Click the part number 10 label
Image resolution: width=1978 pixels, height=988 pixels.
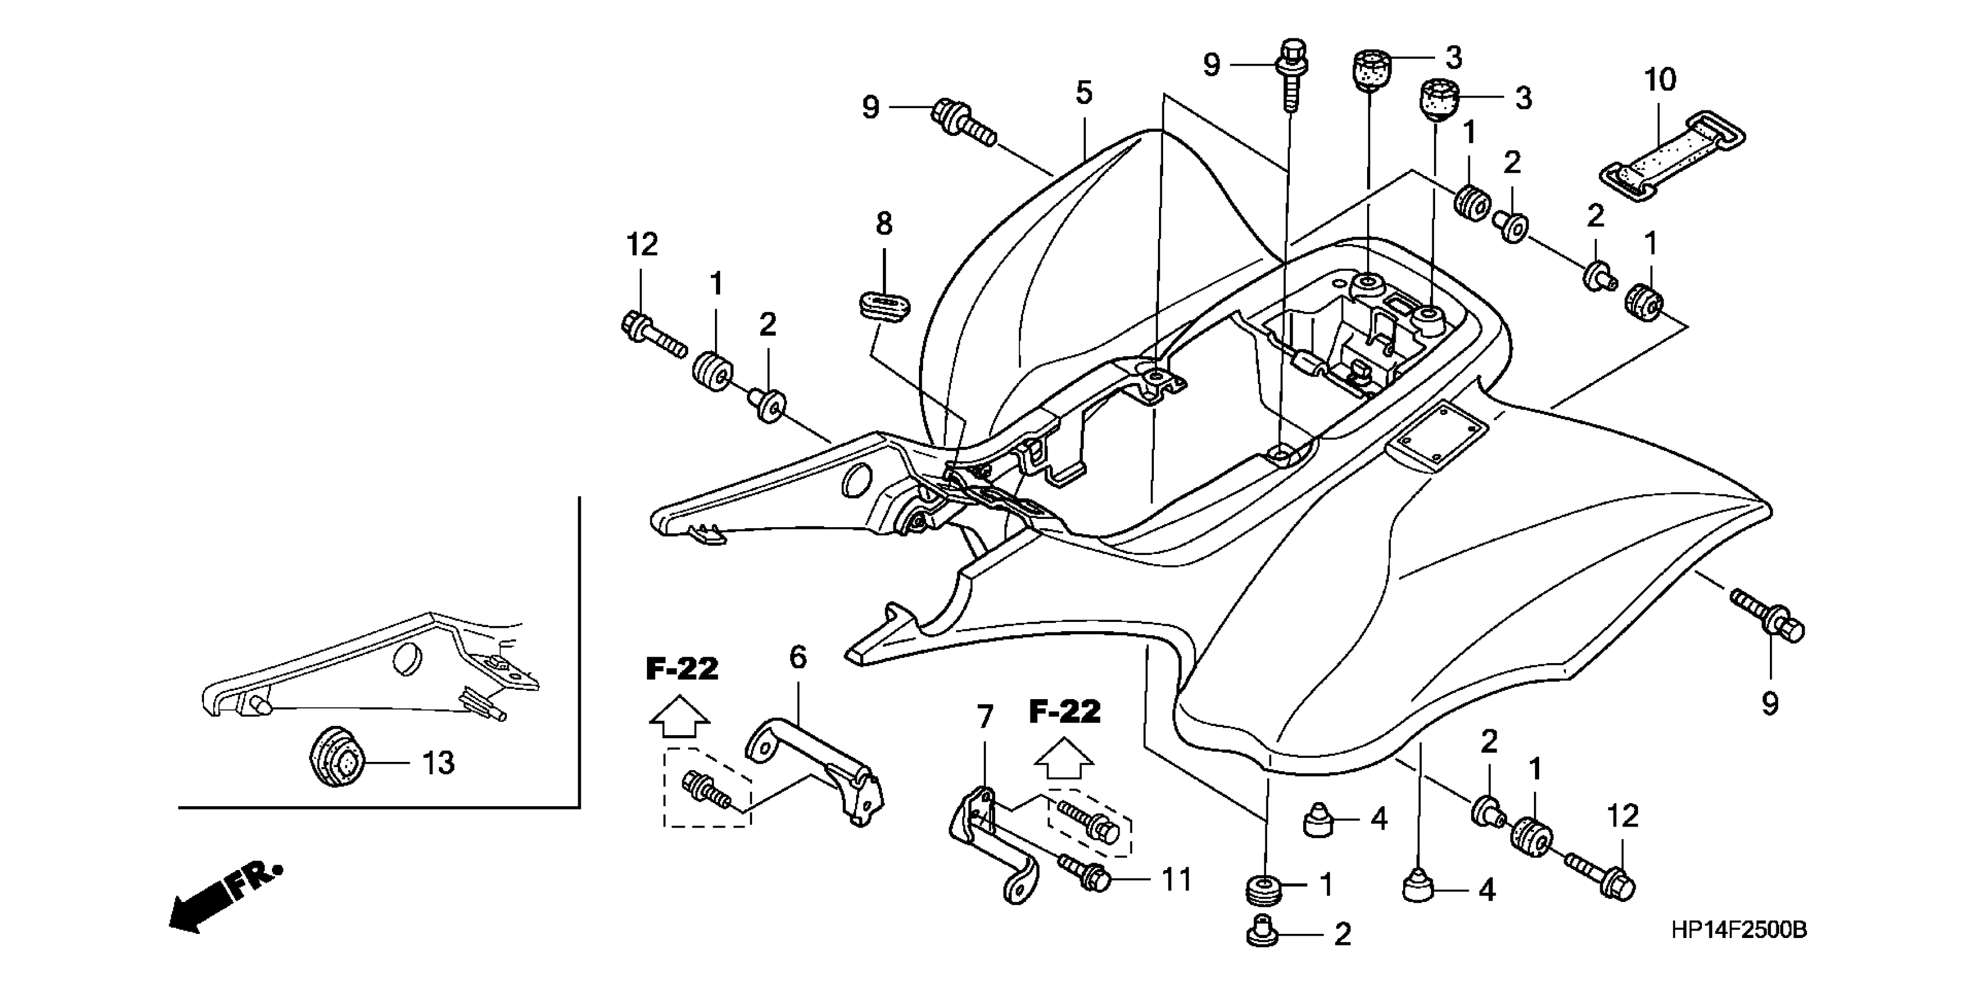[x=1659, y=80]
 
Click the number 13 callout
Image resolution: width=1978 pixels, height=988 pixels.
[x=438, y=763]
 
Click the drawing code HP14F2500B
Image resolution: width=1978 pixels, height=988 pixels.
[x=1739, y=930]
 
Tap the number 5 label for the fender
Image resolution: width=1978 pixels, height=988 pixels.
[x=1083, y=93]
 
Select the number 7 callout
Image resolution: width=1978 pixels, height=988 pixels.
[x=985, y=717]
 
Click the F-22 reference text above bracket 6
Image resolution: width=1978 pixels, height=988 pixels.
[x=682, y=670]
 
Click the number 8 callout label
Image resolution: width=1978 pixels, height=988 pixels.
[x=884, y=224]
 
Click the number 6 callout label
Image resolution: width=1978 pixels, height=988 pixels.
[x=798, y=657]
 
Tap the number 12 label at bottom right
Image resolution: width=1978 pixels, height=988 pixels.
[x=1622, y=816]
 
